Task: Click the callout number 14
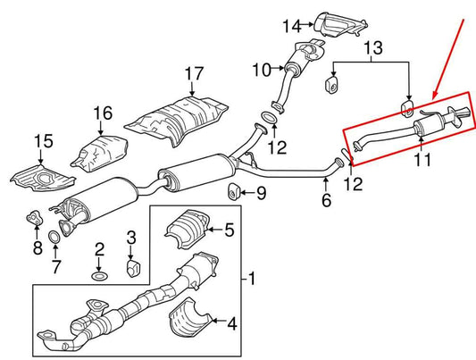pos(292,26)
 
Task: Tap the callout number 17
pos(194,74)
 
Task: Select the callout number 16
pos(103,113)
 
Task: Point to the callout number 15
pos(44,141)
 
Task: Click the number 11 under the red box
pos(422,160)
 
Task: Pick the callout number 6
pos(326,200)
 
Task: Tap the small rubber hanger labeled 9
pos(233,192)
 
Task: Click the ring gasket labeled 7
pos(54,237)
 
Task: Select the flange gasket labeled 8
pos(33,218)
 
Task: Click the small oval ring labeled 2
pos(99,277)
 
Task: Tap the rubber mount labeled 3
pos(133,267)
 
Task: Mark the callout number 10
pos(262,70)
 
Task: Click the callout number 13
pos(373,48)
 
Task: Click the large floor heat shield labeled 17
pos(176,121)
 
